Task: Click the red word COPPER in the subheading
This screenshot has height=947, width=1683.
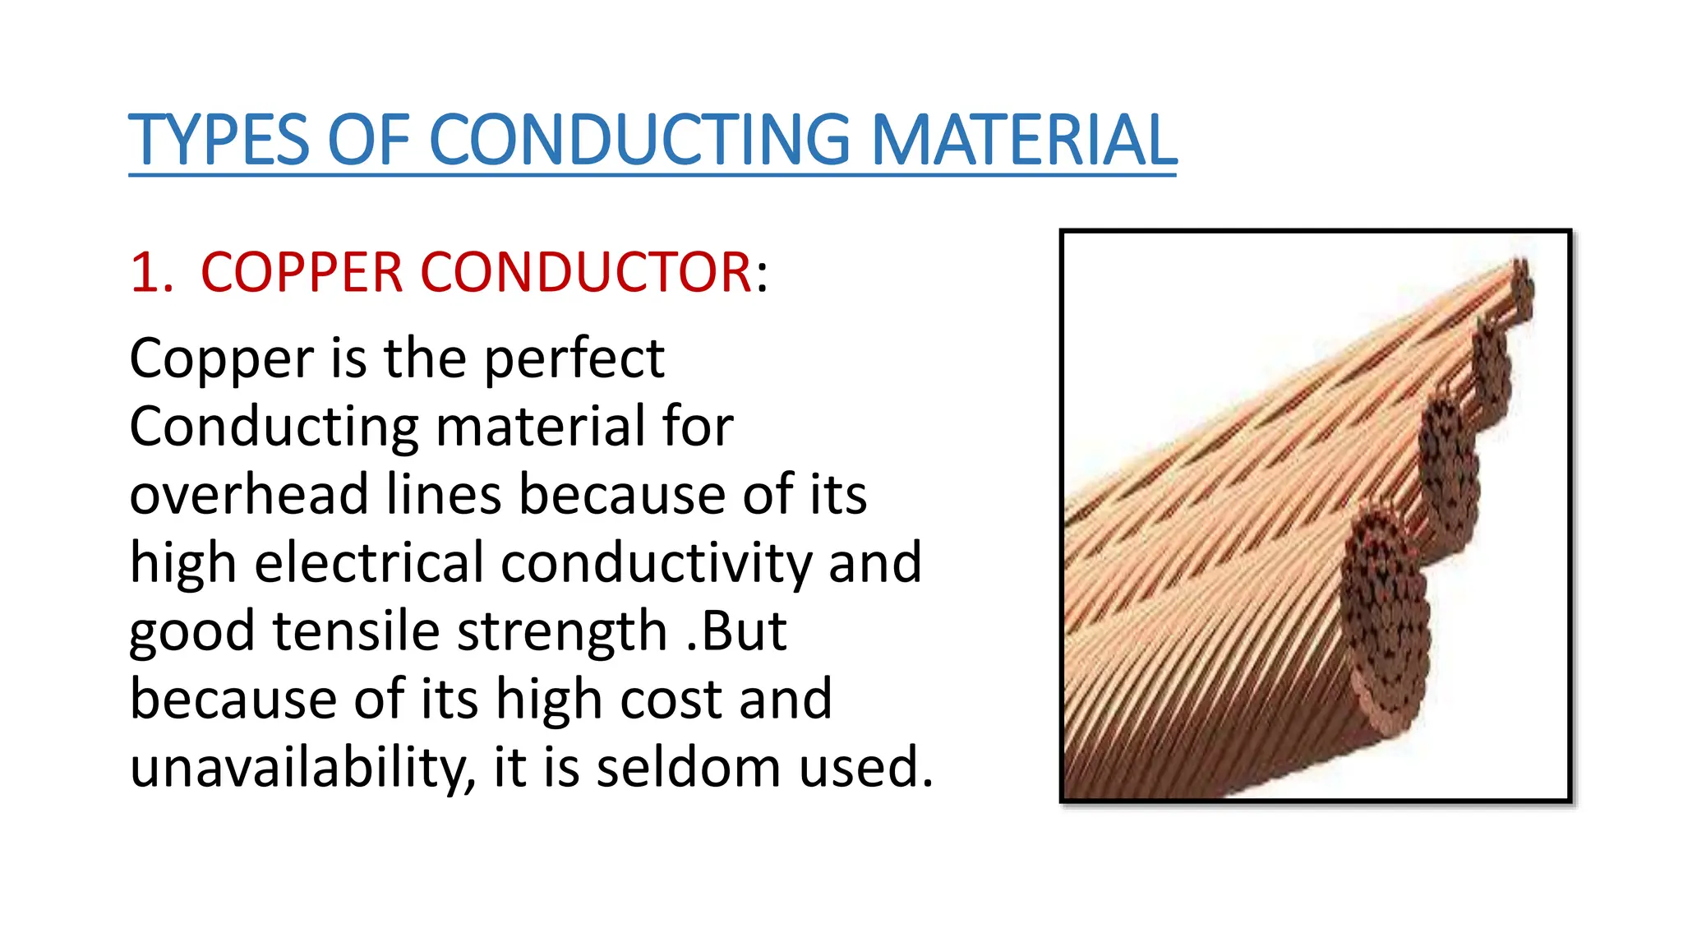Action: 301,272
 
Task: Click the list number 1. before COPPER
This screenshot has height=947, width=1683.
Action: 152,272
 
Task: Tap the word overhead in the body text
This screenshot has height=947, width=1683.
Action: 248,495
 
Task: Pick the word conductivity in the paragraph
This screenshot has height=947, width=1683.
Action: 656,563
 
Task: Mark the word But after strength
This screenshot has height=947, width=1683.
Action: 745,631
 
